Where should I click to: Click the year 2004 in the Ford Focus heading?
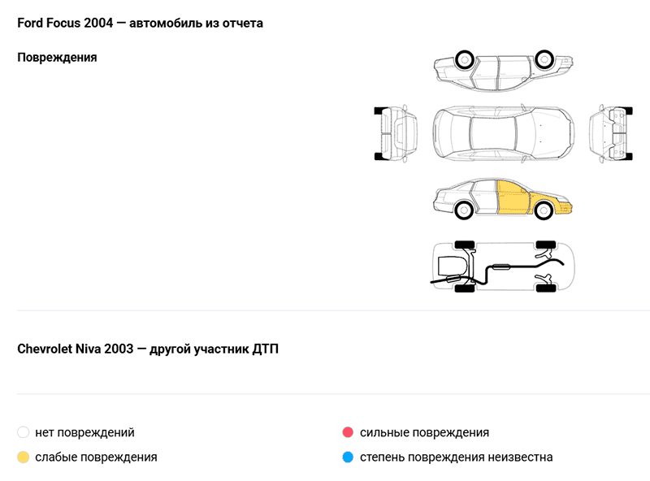tap(98, 24)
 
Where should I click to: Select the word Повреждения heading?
tap(57, 58)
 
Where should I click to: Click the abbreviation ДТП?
tap(266, 349)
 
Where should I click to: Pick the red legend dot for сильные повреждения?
tap(348, 432)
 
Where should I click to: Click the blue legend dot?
tap(348, 457)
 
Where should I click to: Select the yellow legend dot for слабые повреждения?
tap(24, 457)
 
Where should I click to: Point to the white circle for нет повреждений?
tap(24, 432)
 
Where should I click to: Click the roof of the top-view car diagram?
tap(493, 133)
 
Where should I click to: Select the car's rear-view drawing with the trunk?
tap(396, 133)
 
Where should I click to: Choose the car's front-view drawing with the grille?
tap(611, 133)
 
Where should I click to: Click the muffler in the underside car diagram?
tap(500, 266)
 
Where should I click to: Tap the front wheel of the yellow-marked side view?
tap(543, 210)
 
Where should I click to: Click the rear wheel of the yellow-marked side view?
tap(464, 210)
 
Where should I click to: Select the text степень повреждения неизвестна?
tap(456, 457)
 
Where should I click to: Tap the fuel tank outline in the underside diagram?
tap(453, 266)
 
